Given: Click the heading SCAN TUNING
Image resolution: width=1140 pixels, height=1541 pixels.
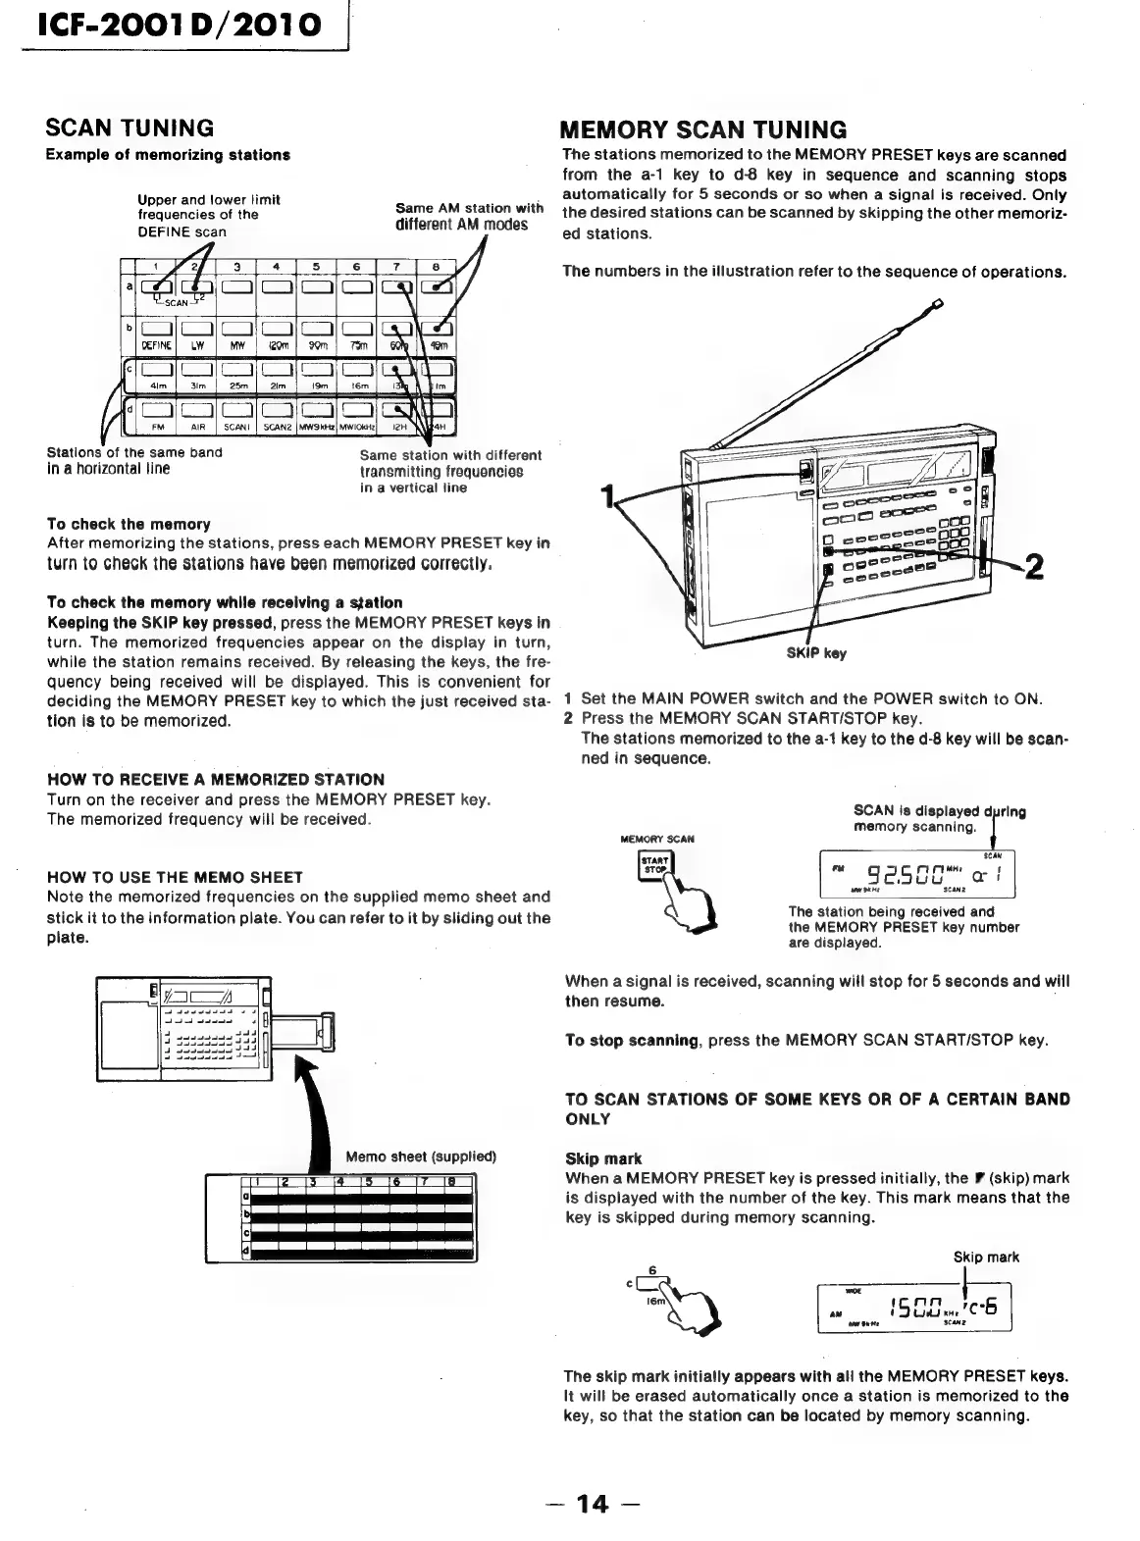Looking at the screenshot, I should pos(130,128).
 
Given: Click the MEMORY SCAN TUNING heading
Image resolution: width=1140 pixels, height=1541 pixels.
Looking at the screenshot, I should pos(702,130).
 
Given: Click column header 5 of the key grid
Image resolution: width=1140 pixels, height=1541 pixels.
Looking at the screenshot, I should pos(317,266).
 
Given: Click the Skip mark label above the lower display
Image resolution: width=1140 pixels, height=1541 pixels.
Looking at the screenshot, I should pos(985,1257).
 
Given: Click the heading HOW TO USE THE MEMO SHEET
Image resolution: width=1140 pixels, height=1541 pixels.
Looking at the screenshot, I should pos(175,877).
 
